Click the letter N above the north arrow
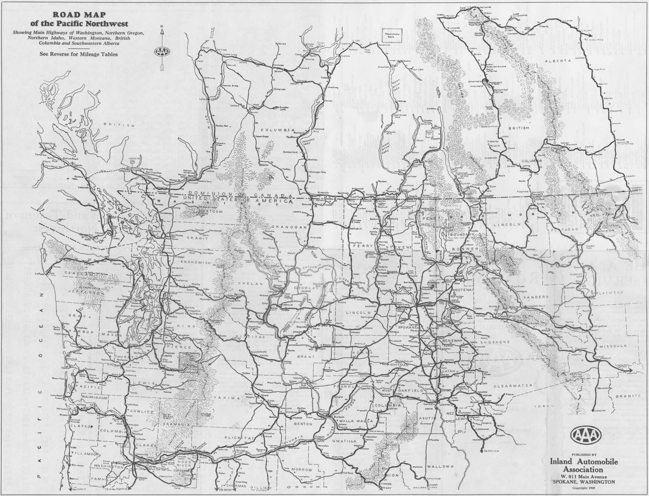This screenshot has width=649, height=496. [162, 26]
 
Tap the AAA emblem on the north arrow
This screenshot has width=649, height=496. [162, 52]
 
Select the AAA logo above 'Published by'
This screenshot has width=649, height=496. [586, 434]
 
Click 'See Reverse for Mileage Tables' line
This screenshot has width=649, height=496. [78, 54]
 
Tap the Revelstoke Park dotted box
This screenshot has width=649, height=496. [393, 36]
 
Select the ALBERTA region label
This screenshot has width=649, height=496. [560, 61]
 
